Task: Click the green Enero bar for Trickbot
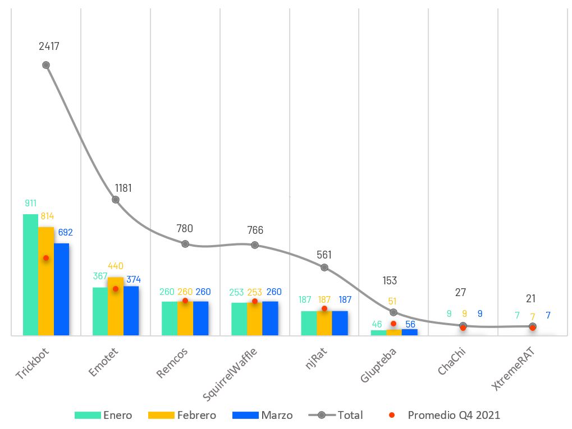pyautogui.click(x=30, y=275)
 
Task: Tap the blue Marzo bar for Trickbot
pyautogui.click(x=61, y=289)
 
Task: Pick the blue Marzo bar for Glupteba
pyautogui.click(x=410, y=332)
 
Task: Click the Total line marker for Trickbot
pyautogui.click(x=46, y=65)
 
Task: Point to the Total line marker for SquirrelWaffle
pyautogui.click(x=255, y=245)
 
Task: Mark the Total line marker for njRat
pyautogui.click(x=324, y=267)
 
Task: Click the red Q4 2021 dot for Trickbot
pyautogui.click(x=46, y=258)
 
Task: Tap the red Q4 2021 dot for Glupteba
pyautogui.click(x=393, y=324)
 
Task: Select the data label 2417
pyautogui.click(x=49, y=47)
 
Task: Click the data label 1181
pyautogui.click(x=123, y=188)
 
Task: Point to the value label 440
pyautogui.click(x=116, y=266)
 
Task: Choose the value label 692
pyautogui.click(x=65, y=232)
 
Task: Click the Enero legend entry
pyautogui.click(x=104, y=416)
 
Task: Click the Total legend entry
pyautogui.click(x=336, y=416)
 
